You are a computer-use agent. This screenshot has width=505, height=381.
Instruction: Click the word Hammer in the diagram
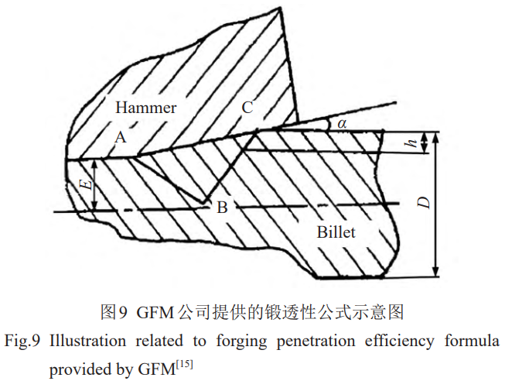(146, 108)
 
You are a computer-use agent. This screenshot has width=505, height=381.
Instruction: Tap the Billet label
(336, 232)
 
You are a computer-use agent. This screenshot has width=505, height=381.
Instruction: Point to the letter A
(121, 137)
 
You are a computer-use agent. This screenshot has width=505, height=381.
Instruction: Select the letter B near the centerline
(222, 207)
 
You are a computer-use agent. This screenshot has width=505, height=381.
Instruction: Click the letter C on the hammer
(247, 108)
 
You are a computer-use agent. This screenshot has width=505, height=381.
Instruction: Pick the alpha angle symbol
(342, 123)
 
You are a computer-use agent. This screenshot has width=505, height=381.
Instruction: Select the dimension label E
(86, 185)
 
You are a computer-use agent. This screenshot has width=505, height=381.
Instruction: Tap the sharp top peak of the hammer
(279, 8)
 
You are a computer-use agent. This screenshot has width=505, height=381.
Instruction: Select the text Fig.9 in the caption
(22, 342)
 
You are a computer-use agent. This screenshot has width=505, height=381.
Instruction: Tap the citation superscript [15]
(185, 366)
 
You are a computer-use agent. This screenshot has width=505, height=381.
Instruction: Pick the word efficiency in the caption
(399, 342)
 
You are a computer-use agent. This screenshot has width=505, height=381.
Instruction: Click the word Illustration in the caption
(87, 341)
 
